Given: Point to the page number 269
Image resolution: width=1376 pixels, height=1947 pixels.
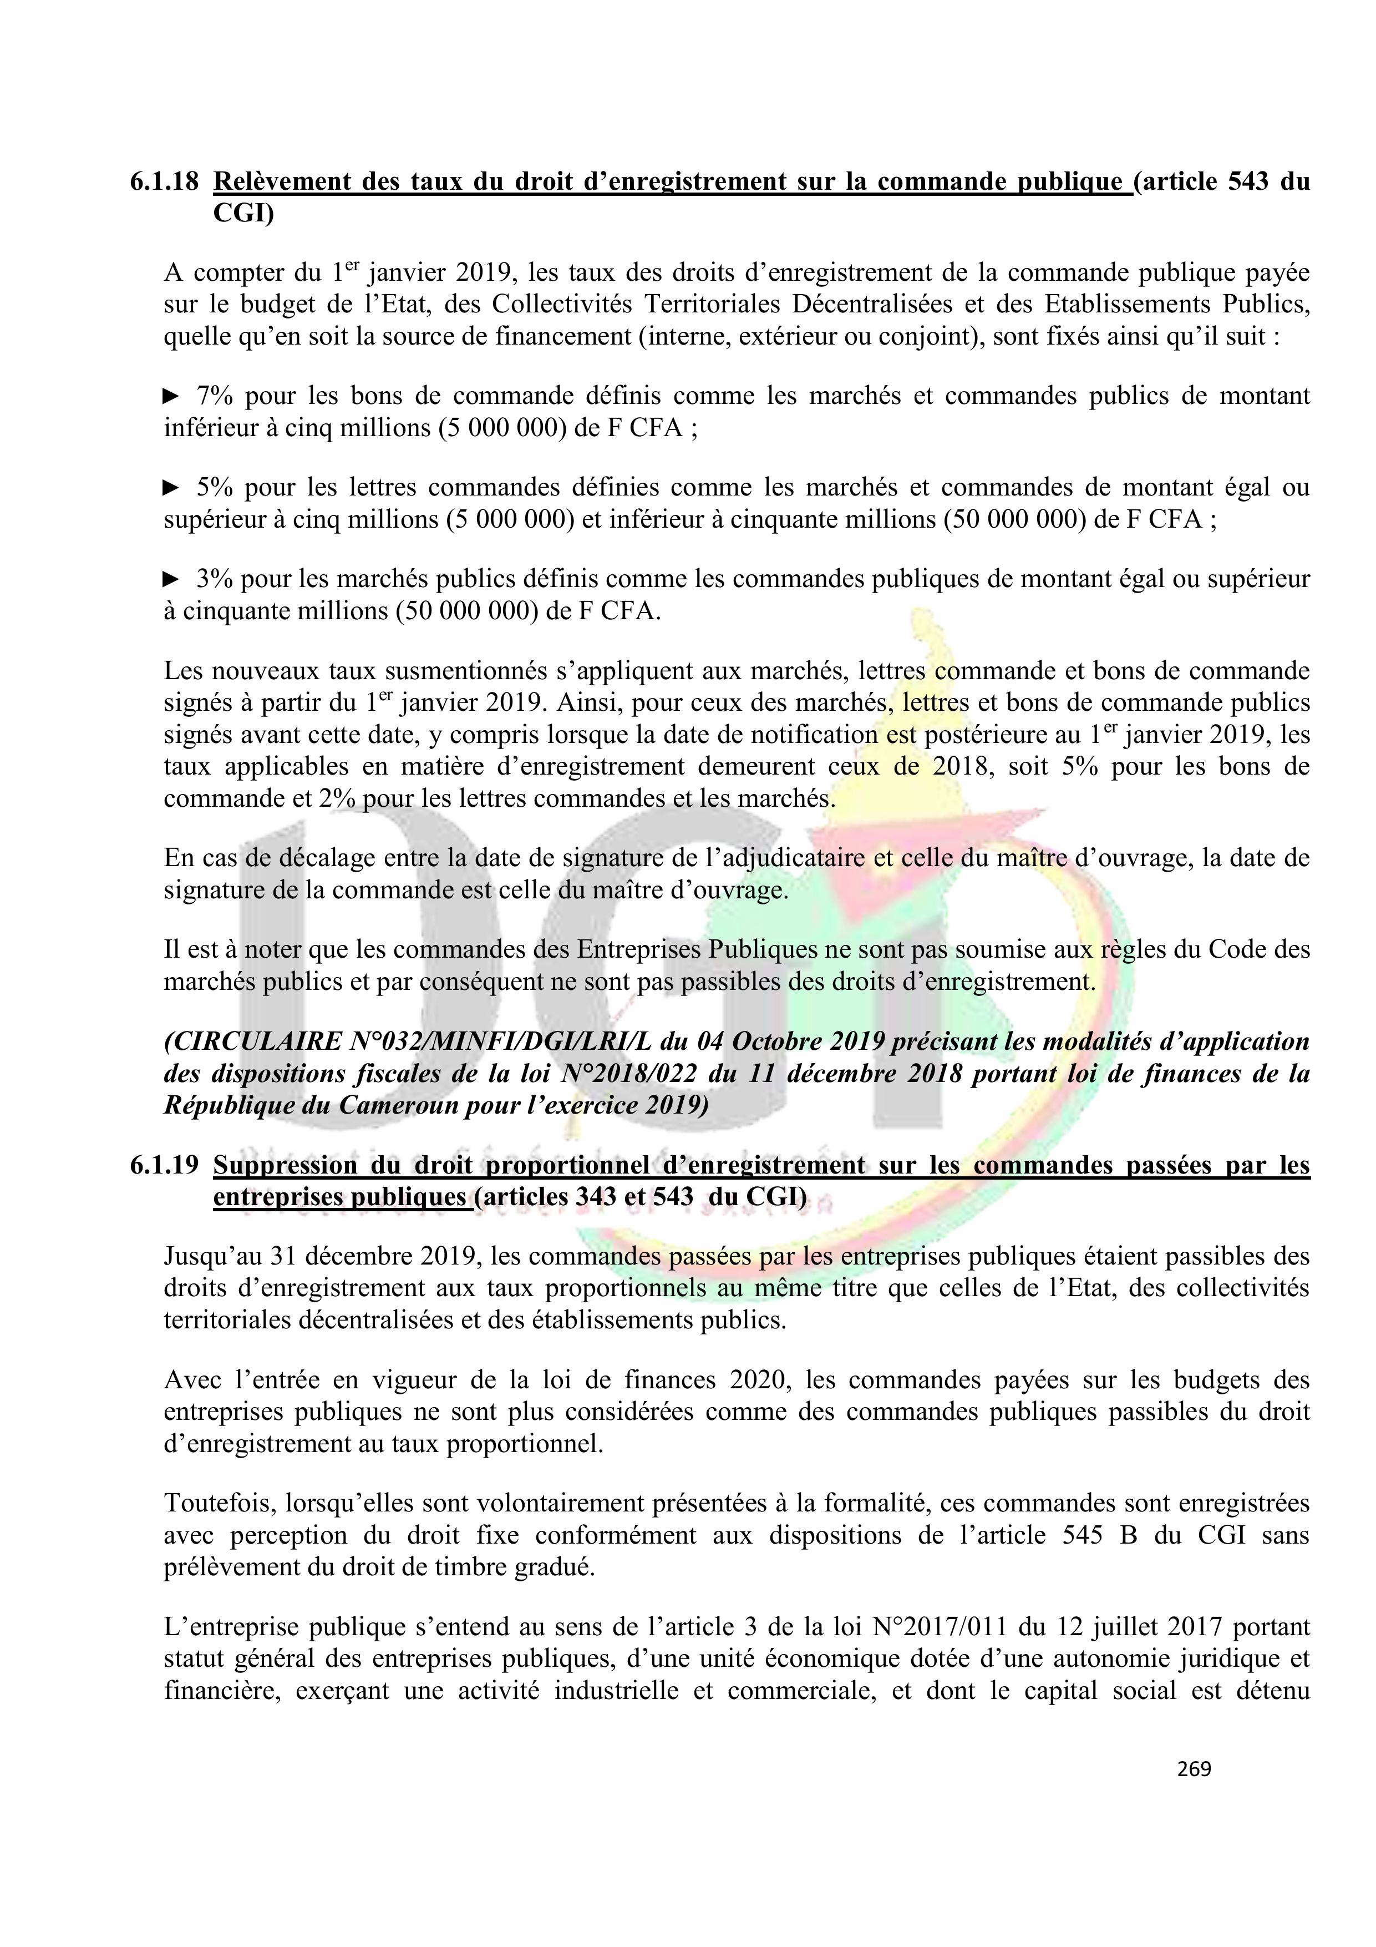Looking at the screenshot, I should (x=1194, y=1769).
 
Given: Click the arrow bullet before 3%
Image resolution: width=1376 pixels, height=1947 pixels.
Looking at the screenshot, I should (x=171, y=579).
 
